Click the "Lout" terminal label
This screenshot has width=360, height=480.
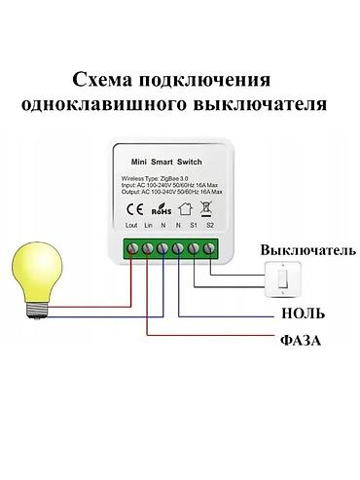(x=132, y=226)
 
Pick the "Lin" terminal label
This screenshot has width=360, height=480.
(x=148, y=226)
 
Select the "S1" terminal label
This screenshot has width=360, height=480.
(x=195, y=226)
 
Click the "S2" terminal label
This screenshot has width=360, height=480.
(x=210, y=226)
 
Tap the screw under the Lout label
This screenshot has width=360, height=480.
(x=132, y=249)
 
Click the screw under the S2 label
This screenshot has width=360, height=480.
(x=210, y=249)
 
